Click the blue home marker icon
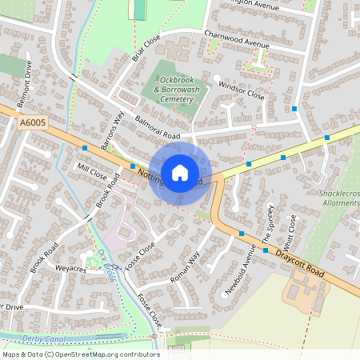click(180, 172)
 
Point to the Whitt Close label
click(290, 228)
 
